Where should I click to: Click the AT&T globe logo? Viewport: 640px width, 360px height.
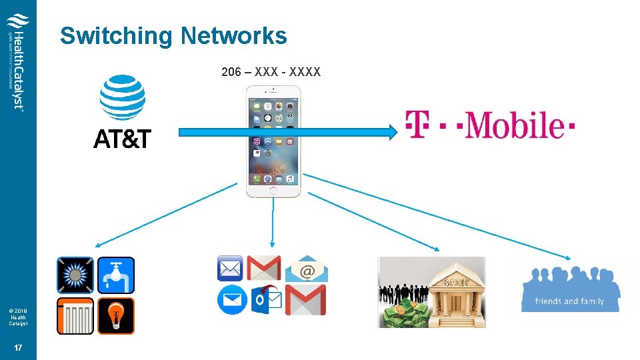pos(122,97)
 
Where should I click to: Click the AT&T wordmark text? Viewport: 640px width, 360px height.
pos(122,139)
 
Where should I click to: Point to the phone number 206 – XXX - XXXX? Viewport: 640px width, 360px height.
pos(271,71)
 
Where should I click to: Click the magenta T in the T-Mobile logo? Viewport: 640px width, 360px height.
pos(418,125)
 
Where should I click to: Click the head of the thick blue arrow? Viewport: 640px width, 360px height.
pos(392,132)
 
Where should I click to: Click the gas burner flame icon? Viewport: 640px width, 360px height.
pos(75,275)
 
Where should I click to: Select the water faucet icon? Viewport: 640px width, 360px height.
pos(116,275)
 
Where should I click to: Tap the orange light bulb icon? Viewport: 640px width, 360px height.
pos(116,315)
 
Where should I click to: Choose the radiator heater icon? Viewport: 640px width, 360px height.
pos(75,315)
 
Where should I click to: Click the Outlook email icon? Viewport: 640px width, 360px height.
pos(267,300)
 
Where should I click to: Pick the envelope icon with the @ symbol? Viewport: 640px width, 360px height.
pos(307,269)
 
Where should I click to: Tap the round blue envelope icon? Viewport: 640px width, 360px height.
pos(232,299)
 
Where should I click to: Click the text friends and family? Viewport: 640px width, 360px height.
pos(569,301)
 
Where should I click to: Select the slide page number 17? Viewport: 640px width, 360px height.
pos(18,347)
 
